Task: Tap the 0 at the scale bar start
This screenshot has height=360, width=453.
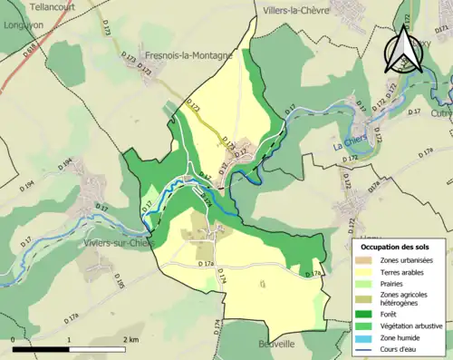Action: pyautogui.click(x=13, y=339)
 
